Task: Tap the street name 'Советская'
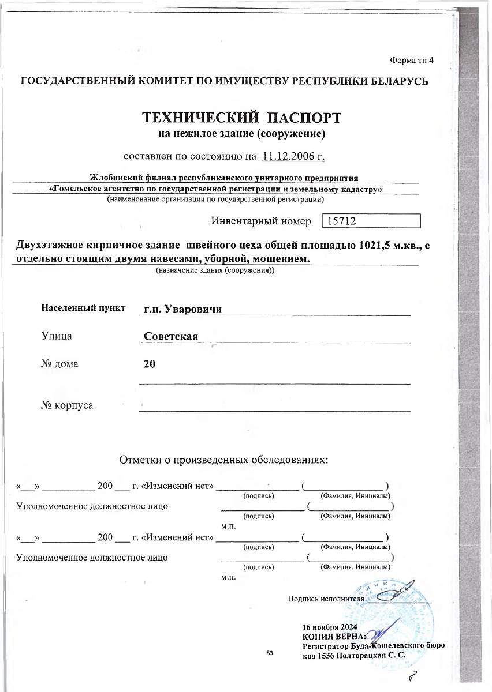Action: pos(172,336)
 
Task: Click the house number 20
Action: pos(149,363)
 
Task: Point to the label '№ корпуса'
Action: pos(67,405)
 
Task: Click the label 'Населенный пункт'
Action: pos(83,308)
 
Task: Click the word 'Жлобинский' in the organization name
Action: pos(114,176)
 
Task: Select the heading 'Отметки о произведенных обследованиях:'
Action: pos(223,460)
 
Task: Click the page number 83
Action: pos(270,653)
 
